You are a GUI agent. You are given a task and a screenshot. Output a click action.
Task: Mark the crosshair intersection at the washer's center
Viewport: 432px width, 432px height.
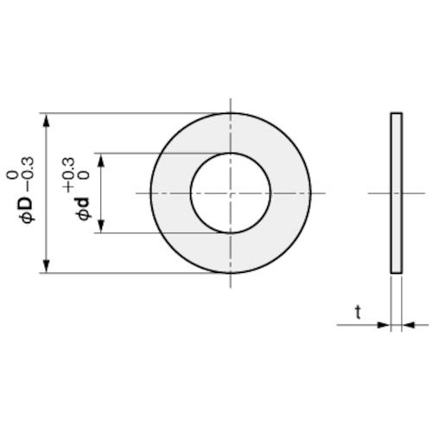[230, 193]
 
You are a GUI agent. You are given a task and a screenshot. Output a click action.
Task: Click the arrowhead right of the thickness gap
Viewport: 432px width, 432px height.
[407, 326]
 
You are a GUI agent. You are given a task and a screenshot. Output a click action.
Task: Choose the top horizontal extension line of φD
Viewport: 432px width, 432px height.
[130, 112]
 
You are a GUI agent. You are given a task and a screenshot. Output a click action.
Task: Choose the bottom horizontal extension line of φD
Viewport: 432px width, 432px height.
[130, 273]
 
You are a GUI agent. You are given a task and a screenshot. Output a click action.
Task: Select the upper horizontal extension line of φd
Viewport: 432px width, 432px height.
[147, 153]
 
